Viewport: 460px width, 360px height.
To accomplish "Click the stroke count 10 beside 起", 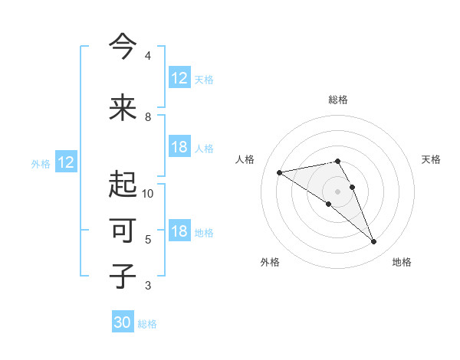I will click(x=148, y=194).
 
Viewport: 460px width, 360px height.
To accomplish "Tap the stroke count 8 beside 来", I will click(x=148, y=117).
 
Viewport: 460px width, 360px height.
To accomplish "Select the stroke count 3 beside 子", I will click(x=148, y=286).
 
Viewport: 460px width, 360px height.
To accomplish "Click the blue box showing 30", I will click(x=123, y=322).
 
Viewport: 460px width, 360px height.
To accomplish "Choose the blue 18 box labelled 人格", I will click(x=179, y=148).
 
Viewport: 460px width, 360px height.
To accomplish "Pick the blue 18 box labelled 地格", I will click(x=179, y=232).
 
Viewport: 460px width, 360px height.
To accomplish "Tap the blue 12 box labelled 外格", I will click(x=66, y=162).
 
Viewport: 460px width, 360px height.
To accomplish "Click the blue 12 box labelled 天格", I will click(x=179, y=78).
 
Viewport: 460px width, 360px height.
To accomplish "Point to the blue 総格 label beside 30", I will click(x=147, y=324).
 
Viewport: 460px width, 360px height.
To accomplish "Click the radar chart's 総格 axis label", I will click(x=338, y=100).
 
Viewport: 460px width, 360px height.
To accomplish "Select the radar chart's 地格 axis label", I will click(x=402, y=262).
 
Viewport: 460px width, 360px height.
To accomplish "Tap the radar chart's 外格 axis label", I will click(x=270, y=262).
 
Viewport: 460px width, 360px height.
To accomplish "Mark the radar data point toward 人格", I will click(x=280, y=172).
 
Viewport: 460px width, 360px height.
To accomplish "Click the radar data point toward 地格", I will click(x=374, y=242).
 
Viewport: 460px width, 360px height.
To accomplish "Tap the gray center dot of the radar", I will click(x=337, y=191).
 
